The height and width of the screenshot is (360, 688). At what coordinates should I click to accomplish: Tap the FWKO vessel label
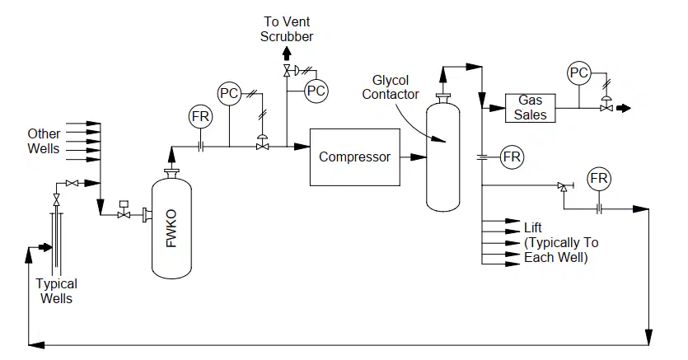(171, 228)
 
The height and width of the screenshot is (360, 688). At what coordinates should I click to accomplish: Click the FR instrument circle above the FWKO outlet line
(200, 117)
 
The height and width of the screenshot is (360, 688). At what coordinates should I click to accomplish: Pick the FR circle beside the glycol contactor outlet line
(512, 157)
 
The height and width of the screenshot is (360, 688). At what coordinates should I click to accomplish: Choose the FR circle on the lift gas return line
(599, 179)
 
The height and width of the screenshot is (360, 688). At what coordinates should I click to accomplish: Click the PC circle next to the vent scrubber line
(316, 91)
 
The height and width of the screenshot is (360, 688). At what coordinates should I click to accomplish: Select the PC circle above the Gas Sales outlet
(578, 72)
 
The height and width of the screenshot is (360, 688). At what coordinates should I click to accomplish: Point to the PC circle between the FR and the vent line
(229, 93)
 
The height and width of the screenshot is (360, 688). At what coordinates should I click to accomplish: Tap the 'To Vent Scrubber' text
(287, 29)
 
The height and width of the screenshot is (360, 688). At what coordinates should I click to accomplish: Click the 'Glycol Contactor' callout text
(390, 87)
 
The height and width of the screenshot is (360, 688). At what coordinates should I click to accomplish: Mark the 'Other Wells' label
(44, 141)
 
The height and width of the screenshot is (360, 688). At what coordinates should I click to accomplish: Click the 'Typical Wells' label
(56, 291)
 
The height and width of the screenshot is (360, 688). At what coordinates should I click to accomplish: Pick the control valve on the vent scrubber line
(287, 70)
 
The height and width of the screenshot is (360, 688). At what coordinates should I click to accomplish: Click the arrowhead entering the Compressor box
(302, 147)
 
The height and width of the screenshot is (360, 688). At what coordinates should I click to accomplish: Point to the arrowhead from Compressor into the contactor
(419, 157)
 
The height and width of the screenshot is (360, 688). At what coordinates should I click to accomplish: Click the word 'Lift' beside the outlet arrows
(532, 228)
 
